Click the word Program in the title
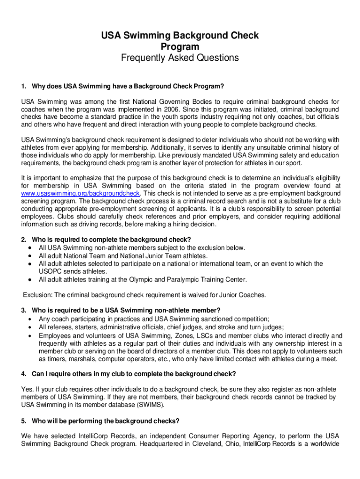(180, 47)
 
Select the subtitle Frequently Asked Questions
(180, 58)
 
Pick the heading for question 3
(126, 310)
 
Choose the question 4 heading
(133, 374)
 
